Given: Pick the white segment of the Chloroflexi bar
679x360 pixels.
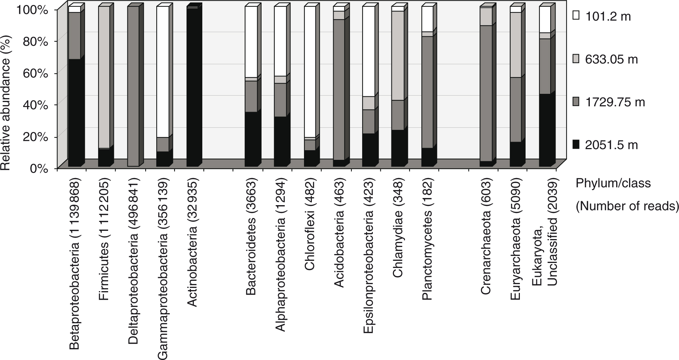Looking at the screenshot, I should click(310, 71).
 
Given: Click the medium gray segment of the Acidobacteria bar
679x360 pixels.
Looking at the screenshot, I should click(339, 89).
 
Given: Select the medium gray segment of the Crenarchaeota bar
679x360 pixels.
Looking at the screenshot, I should click(486, 93).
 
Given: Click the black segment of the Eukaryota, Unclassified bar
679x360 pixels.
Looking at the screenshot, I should click(544, 130).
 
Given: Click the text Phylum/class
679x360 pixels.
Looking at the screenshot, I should click(613, 183).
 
